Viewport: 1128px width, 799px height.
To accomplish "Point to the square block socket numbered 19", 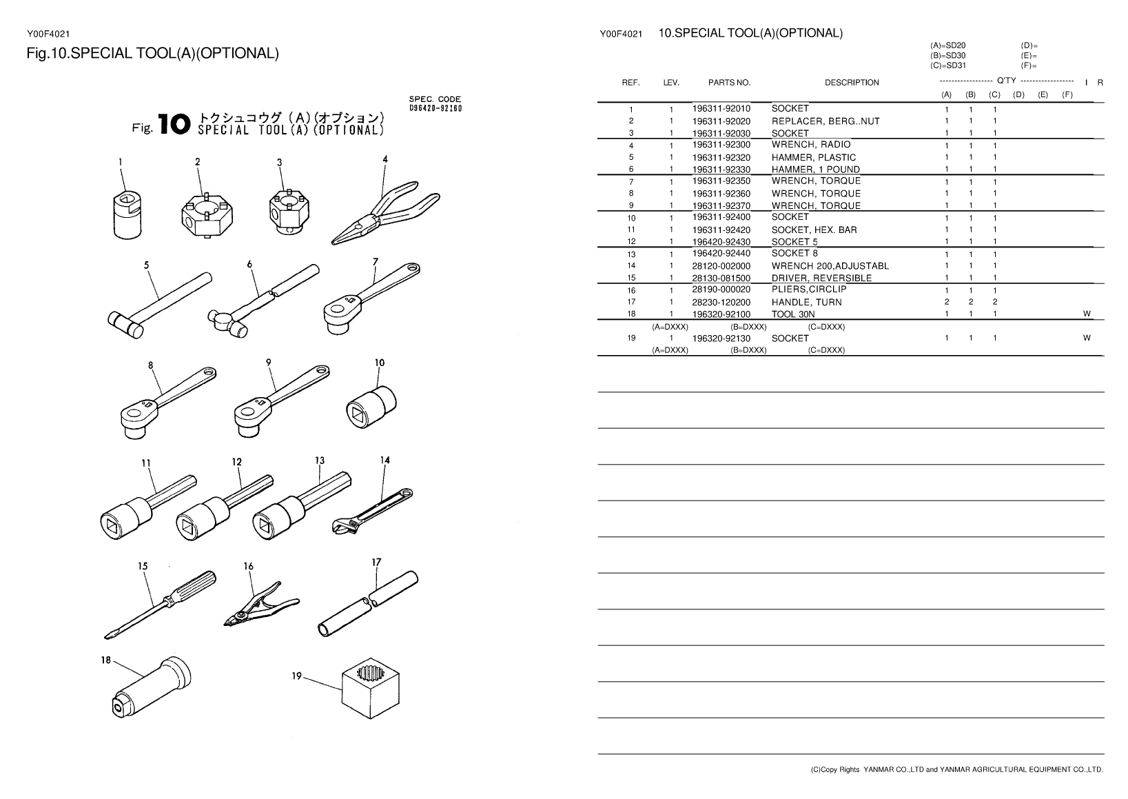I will coord(371,689).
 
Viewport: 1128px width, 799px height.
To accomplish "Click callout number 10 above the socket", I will coord(380,363).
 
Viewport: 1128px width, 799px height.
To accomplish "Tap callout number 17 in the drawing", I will coord(376,562).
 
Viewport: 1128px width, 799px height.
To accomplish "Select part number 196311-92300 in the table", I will coord(721,145).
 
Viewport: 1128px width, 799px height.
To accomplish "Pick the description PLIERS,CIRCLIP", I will coord(809,290).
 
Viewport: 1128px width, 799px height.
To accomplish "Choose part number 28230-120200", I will coord(721,302).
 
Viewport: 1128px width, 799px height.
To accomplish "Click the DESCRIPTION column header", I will coord(852,83).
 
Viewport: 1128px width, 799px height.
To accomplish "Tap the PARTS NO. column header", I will coord(729,83).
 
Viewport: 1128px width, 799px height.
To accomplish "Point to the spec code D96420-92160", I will coord(435,108).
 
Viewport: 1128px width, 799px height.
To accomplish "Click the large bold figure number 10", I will coord(172,125).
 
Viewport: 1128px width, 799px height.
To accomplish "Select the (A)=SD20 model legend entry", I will coord(947,45).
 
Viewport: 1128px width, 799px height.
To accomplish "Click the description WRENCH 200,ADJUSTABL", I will coord(830,266).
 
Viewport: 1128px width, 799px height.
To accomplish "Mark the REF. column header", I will coord(630,83).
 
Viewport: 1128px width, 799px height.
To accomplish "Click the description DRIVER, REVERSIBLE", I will coord(821,278).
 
